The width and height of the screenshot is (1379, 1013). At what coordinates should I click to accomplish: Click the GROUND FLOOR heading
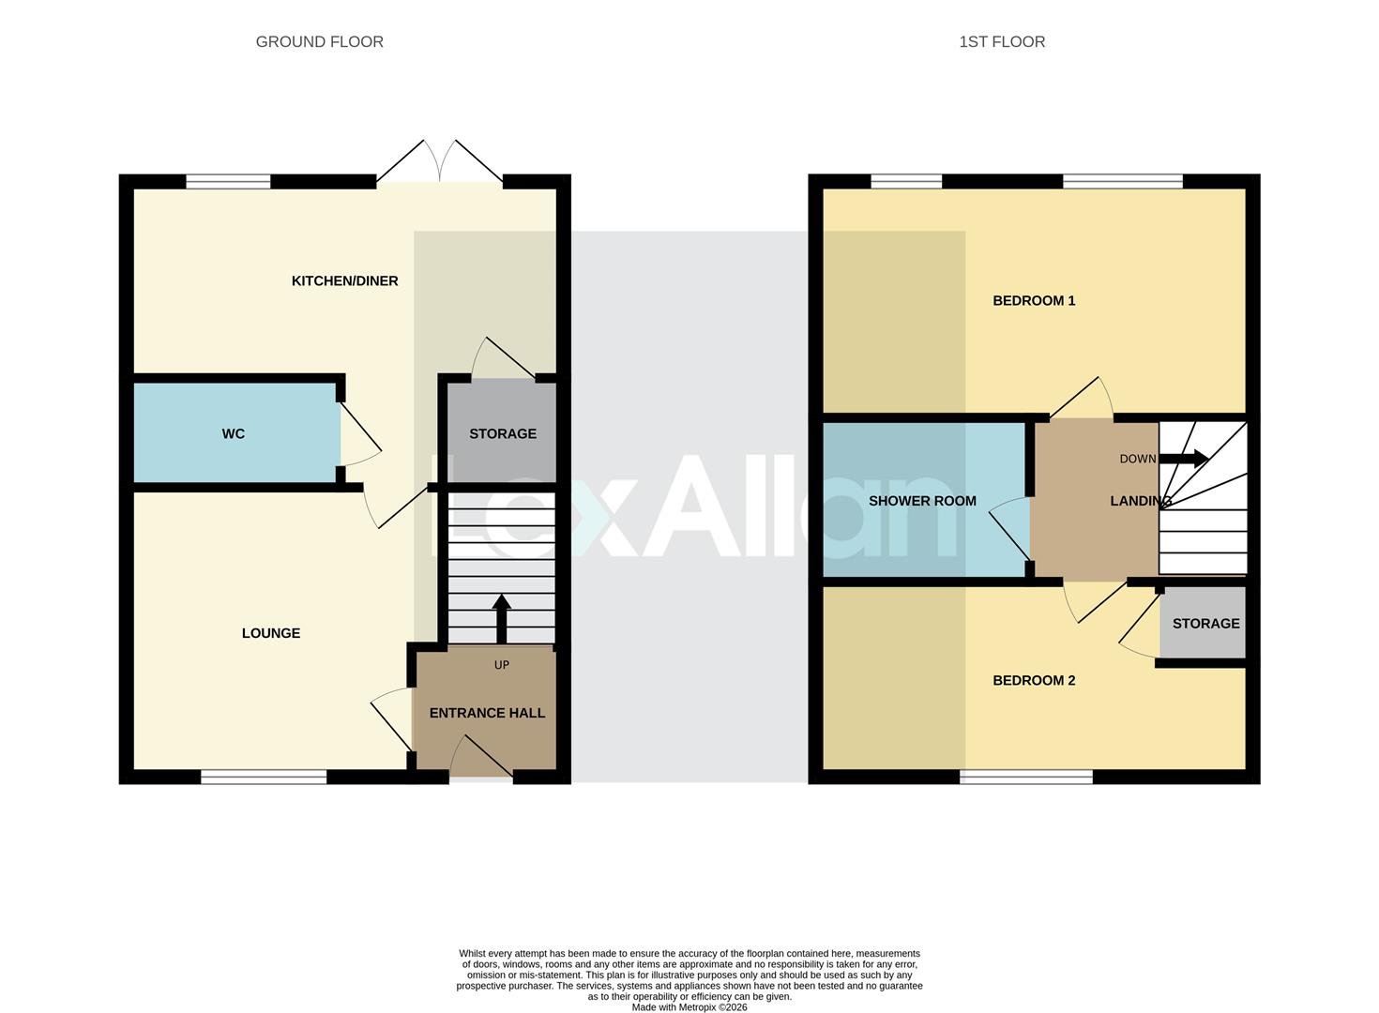pyautogui.click(x=319, y=41)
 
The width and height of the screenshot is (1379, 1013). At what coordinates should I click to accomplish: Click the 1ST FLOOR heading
pyautogui.click(x=1001, y=41)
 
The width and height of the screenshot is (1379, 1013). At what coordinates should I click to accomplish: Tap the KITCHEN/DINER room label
pyautogui.click(x=344, y=280)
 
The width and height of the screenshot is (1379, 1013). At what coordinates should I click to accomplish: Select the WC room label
pyautogui.click(x=233, y=433)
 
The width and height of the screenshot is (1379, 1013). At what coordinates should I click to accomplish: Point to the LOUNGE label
pyautogui.click(x=270, y=633)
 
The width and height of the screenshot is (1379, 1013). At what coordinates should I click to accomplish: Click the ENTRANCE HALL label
pyautogui.click(x=487, y=713)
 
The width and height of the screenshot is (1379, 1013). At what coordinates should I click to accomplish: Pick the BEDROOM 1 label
pyautogui.click(x=1034, y=300)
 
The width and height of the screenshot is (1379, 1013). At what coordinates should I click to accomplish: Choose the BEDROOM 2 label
pyautogui.click(x=1034, y=680)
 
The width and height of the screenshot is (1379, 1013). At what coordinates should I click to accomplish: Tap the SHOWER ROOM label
pyautogui.click(x=922, y=501)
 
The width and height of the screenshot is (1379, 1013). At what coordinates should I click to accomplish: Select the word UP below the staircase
pyautogui.click(x=501, y=665)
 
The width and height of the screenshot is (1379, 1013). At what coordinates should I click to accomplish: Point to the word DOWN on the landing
pyautogui.click(x=1138, y=459)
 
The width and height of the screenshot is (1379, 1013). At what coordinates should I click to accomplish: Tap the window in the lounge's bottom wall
pyautogui.click(x=264, y=777)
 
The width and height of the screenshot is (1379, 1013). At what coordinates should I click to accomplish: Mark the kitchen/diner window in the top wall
pyautogui.click(x=228, y=182)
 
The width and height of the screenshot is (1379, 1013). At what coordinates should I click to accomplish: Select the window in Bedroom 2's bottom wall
pyautogui.click(x=1026, y=777)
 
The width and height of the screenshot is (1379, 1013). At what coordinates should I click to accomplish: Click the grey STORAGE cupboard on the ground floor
pyautogui.click(x=503, y=433)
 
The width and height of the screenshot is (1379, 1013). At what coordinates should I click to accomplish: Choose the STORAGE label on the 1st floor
pyautogui.click(x=1205, y=623)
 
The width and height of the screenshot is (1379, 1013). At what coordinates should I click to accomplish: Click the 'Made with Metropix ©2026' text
pyautogui.click(x=689, y=1007)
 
